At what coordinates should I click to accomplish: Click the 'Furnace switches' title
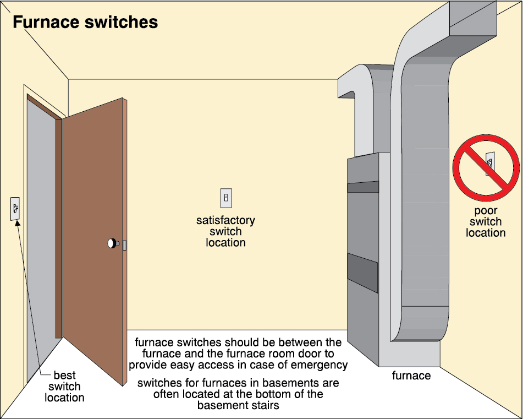tap(85, 22)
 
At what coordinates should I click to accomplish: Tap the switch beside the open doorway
tap(15, 208)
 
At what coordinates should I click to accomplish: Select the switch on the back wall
tap(226, 197)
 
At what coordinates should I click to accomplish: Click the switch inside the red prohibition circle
tap(489, 164)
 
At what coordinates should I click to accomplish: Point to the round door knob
tap(113, 243)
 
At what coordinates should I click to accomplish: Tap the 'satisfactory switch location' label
tap(225, 231)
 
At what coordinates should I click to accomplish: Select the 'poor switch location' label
tap(486, 222)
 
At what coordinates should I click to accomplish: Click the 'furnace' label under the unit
tap(411, 376)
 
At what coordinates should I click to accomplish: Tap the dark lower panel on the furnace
tap(362, 272)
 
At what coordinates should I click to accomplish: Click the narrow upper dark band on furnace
tap(362, 187)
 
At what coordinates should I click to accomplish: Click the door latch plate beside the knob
tap(125, 245)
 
